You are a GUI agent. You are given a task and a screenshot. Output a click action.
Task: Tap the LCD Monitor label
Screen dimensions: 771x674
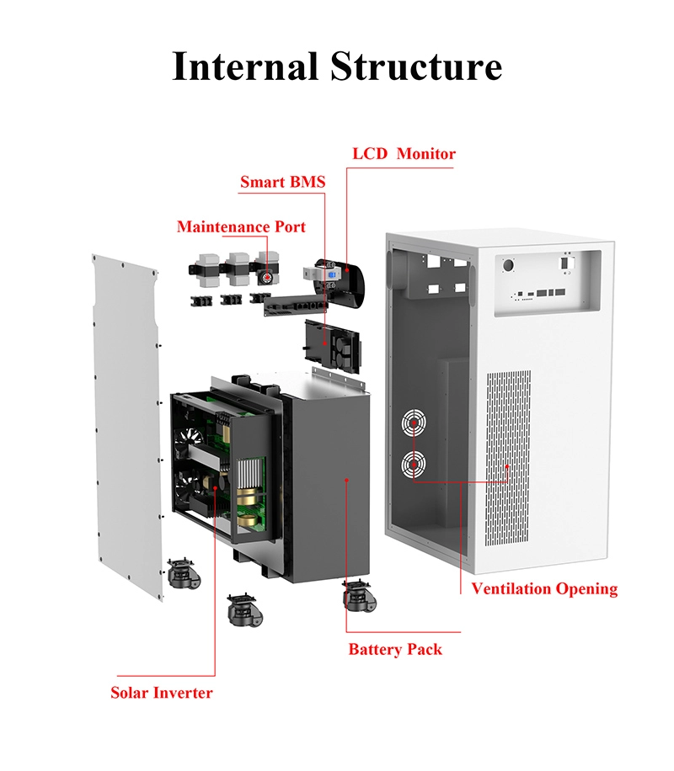tap(404, 154)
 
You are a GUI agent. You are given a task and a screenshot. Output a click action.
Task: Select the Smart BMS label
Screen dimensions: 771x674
tap(282, 182)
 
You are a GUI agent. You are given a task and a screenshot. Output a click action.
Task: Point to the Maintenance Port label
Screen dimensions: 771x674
tap(241, 227)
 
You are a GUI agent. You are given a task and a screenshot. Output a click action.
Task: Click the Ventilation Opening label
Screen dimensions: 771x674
tap(544, 588)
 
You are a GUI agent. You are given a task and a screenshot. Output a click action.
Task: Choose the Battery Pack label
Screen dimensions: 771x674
tap(395, 649)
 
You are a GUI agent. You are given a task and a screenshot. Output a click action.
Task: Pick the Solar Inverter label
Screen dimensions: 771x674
tap(162, 693)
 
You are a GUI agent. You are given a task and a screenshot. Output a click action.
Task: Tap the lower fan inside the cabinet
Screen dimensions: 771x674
tap(414, 464)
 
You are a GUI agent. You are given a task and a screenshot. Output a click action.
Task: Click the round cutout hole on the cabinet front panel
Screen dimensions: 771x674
tap(510, 265)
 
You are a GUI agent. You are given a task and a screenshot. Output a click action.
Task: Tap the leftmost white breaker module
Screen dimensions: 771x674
tap(202, 268)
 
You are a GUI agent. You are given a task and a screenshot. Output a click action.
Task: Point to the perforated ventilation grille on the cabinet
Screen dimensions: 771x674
tap(511, 450)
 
